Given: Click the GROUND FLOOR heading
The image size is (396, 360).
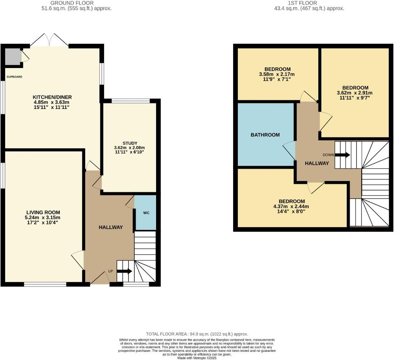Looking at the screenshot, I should click(77, 3).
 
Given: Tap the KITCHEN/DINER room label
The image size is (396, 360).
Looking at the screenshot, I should click(52, 97).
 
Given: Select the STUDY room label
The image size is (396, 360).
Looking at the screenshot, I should click(130, 143).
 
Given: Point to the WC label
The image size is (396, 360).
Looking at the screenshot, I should click(146, 213).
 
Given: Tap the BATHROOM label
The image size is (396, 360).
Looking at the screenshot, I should click(265, 135).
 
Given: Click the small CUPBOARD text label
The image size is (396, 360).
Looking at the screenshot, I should click(14, 77).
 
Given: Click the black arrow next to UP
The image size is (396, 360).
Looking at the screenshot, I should click(124, 271).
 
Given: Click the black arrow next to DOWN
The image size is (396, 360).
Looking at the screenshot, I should click(342, 155).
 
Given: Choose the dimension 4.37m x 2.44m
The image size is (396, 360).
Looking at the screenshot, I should click(292, 206).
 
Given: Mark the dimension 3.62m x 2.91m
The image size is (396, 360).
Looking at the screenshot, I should click(355, 93).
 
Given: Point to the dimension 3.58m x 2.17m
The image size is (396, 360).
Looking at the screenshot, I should click(277, 74).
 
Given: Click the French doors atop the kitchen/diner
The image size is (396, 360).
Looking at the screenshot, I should click(49, 41).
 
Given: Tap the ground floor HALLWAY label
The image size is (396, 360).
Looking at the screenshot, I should click(111, 227).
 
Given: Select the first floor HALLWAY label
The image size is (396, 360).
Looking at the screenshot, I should click(317, 164).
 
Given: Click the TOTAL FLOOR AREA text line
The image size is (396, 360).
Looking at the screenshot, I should click(197, 334).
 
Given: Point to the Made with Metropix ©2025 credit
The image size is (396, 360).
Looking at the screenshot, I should click(197, 358).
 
